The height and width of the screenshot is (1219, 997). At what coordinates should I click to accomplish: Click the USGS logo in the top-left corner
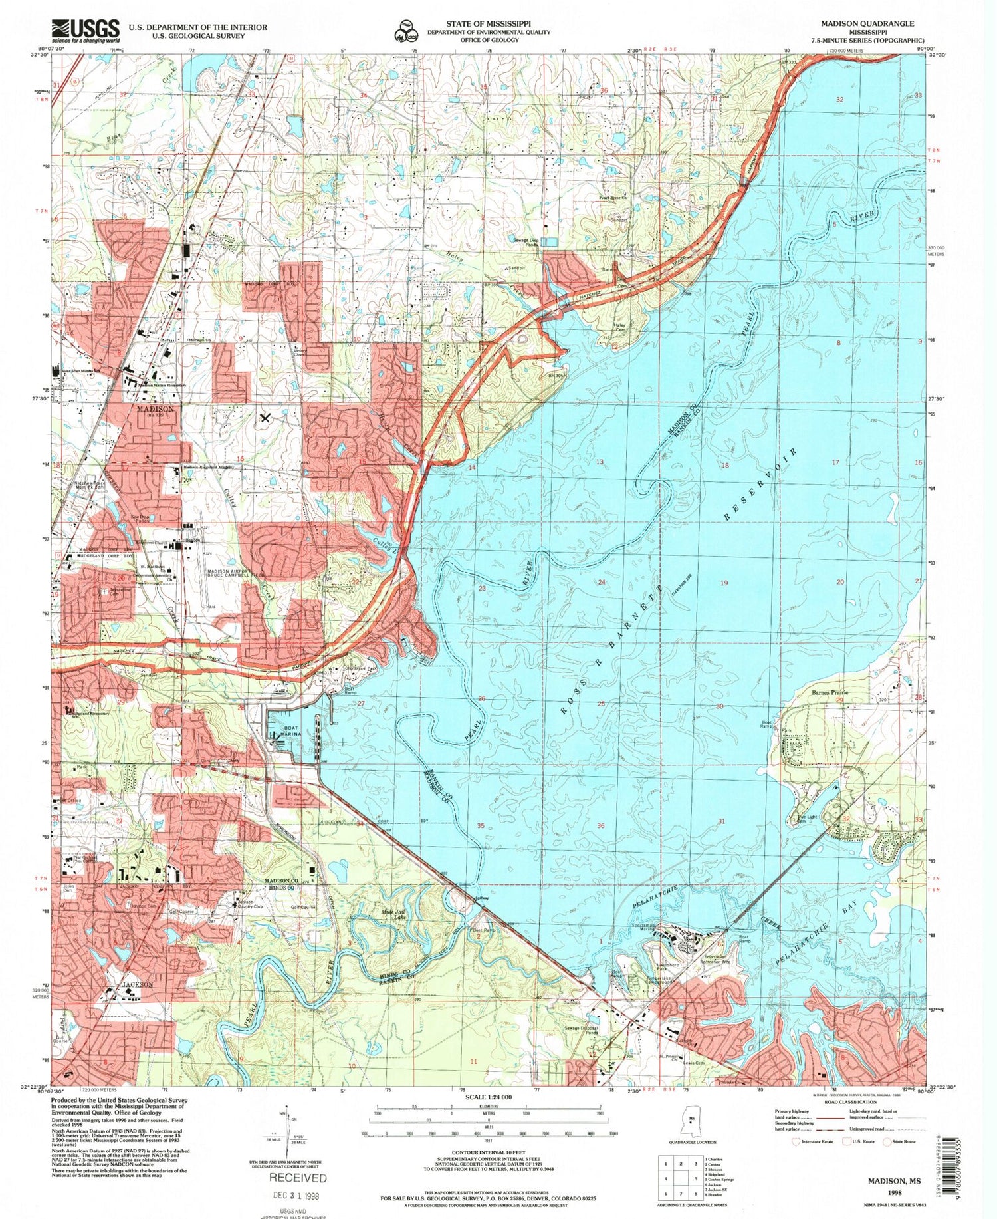(85, 31)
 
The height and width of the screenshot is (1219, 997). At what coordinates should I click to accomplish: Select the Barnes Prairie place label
(830, 692)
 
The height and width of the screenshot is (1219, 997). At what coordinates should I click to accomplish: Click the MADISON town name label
(156, 409)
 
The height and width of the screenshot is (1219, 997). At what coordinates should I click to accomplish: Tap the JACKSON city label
(138, 984)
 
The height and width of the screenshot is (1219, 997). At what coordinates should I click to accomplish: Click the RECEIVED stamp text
(297, 1178)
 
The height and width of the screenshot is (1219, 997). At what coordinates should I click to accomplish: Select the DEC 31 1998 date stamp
(297, 1194)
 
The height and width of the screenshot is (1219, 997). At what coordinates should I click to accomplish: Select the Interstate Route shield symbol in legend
(795, 1141)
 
